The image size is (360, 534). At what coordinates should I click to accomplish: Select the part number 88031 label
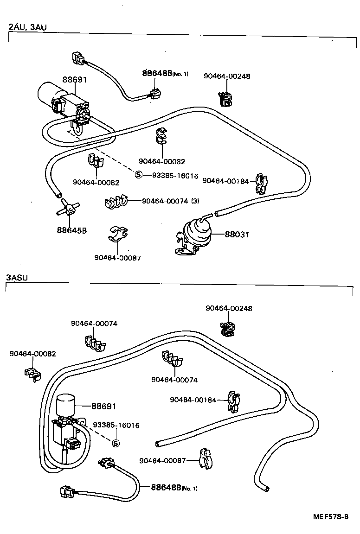(x=237, y=235)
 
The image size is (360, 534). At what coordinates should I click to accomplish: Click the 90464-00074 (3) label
(x=170, y=201)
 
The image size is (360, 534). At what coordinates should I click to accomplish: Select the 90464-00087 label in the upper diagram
(x=117, y=258)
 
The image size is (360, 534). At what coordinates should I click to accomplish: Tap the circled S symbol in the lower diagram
(x=116, y=444)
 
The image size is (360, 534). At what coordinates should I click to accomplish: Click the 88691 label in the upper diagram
(x=75, y=80)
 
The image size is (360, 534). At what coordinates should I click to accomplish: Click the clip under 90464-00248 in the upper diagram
(x=225, y=99)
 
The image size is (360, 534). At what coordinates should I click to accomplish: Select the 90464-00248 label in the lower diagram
(x=229, y=308)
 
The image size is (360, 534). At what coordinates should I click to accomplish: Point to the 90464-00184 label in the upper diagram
(x=225, y=181)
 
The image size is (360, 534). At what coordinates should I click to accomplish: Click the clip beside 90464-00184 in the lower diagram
(x=233, y=401)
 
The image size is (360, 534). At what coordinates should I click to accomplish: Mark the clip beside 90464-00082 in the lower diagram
(x=31, y=374)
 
